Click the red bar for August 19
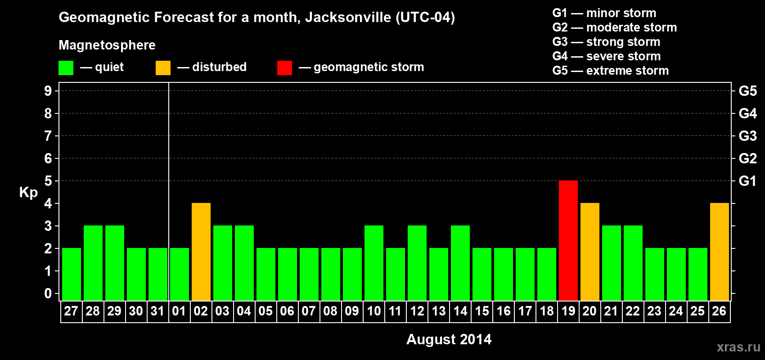click(x=568, y=240)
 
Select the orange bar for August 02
click(x=201, y=252)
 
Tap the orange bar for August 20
click(x=590, y=252)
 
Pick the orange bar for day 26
click(x=720, y=252)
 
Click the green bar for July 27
click(x=72, y=274)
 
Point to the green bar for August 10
click(x=374, y=263)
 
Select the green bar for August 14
click(x=460, y=263)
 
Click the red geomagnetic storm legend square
click(x=284, y=68)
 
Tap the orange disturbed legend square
click(x=163, y=68)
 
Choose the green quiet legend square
click(x=66, y=68)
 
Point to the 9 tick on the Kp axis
click(x=48, y=91)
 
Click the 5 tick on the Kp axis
click(x=48, y=181)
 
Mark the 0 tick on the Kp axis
click(x=48, y=293)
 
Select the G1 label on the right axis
click(x=747, y=181)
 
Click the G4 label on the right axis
click(x=747, y=113)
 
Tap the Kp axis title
click(x=28, y=192)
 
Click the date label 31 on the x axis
click(x=157, y=311)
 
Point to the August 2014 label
click(x=449, y=339)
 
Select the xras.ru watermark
click(x=738, y=347)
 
